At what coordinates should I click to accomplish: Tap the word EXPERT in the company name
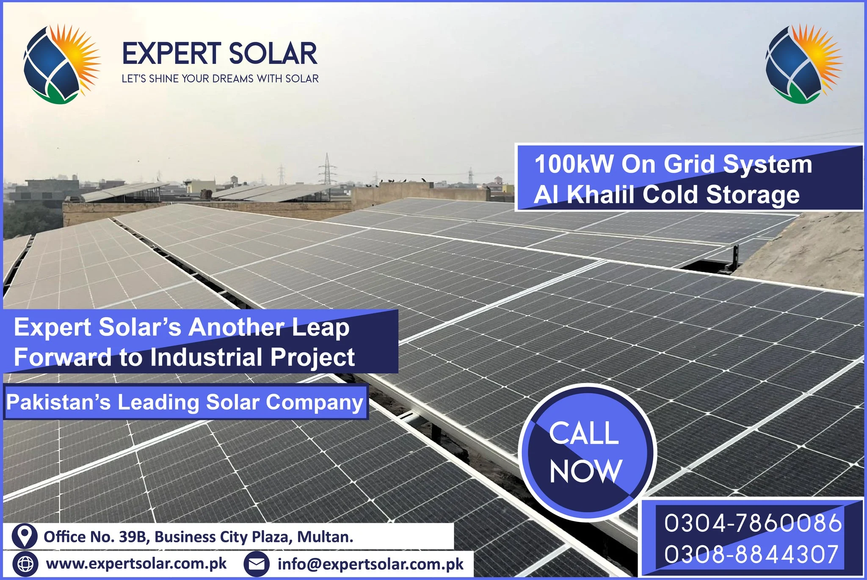[x=171, y=54]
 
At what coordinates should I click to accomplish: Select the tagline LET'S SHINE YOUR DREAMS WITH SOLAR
[x=220, y=79]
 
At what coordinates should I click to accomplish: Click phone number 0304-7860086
[x=753, y=523]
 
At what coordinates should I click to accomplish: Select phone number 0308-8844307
[x=751, y=554]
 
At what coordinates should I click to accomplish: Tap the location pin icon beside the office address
[x=25, y=536]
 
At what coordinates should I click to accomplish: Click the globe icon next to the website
[x=25, y=564]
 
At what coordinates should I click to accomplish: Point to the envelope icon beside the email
[x=257, y=564]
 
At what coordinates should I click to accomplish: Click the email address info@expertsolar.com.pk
[x=371, y=564]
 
